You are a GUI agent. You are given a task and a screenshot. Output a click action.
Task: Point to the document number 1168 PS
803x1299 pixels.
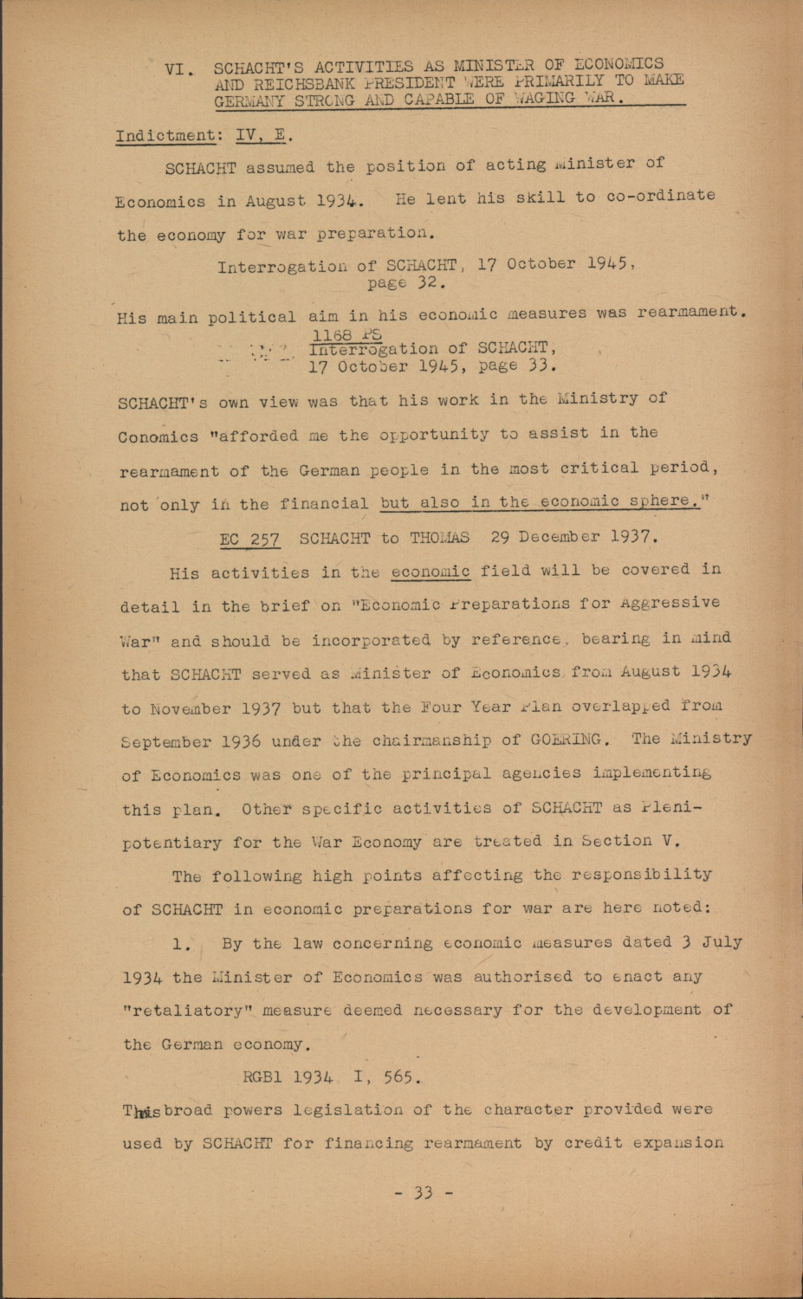(347, 334)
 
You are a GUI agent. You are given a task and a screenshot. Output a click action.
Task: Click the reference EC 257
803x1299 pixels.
(249, 539)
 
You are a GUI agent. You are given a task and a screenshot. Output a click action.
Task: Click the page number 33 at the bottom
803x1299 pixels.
(423, 1192)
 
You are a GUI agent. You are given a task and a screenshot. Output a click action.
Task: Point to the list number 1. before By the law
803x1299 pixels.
(181, 945)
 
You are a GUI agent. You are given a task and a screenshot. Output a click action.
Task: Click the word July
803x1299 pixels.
(722, 941)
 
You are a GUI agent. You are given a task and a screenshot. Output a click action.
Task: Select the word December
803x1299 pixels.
(558, 536)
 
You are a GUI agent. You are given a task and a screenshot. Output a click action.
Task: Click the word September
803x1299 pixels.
(165, 742)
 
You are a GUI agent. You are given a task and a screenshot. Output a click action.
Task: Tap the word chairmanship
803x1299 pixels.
(444, 740)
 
